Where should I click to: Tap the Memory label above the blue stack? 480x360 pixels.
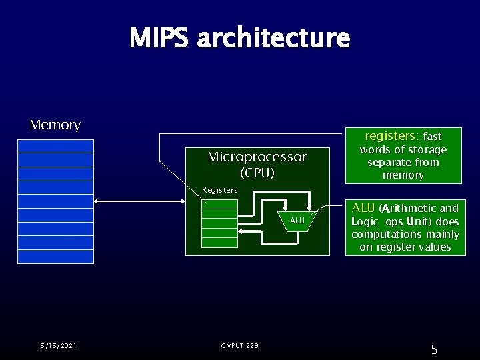[x=55, y=125]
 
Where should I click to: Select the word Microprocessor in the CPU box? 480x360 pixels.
[x=257, y=157]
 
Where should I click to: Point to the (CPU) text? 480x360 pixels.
[x=257, y=172]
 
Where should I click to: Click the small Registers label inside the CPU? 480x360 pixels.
[x=219, y=190]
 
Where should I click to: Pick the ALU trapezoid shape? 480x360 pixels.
[x=297, y=221]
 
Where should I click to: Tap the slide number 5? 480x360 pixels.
[x=434, y=349]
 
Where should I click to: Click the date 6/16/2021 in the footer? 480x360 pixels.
[x=58, y=345]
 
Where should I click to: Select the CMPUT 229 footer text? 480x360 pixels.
[x=239, y=345]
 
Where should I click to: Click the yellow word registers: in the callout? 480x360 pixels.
[x=391, y=135]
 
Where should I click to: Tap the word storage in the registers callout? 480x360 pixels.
[x=425, y=149]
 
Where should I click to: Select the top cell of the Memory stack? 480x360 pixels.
[x=56, y=146]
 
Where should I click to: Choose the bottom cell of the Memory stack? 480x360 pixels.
[x=56, y=257]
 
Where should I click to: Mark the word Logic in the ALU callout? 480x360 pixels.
[x=365, y=221]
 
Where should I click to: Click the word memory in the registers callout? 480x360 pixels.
[x=403, y=175]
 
